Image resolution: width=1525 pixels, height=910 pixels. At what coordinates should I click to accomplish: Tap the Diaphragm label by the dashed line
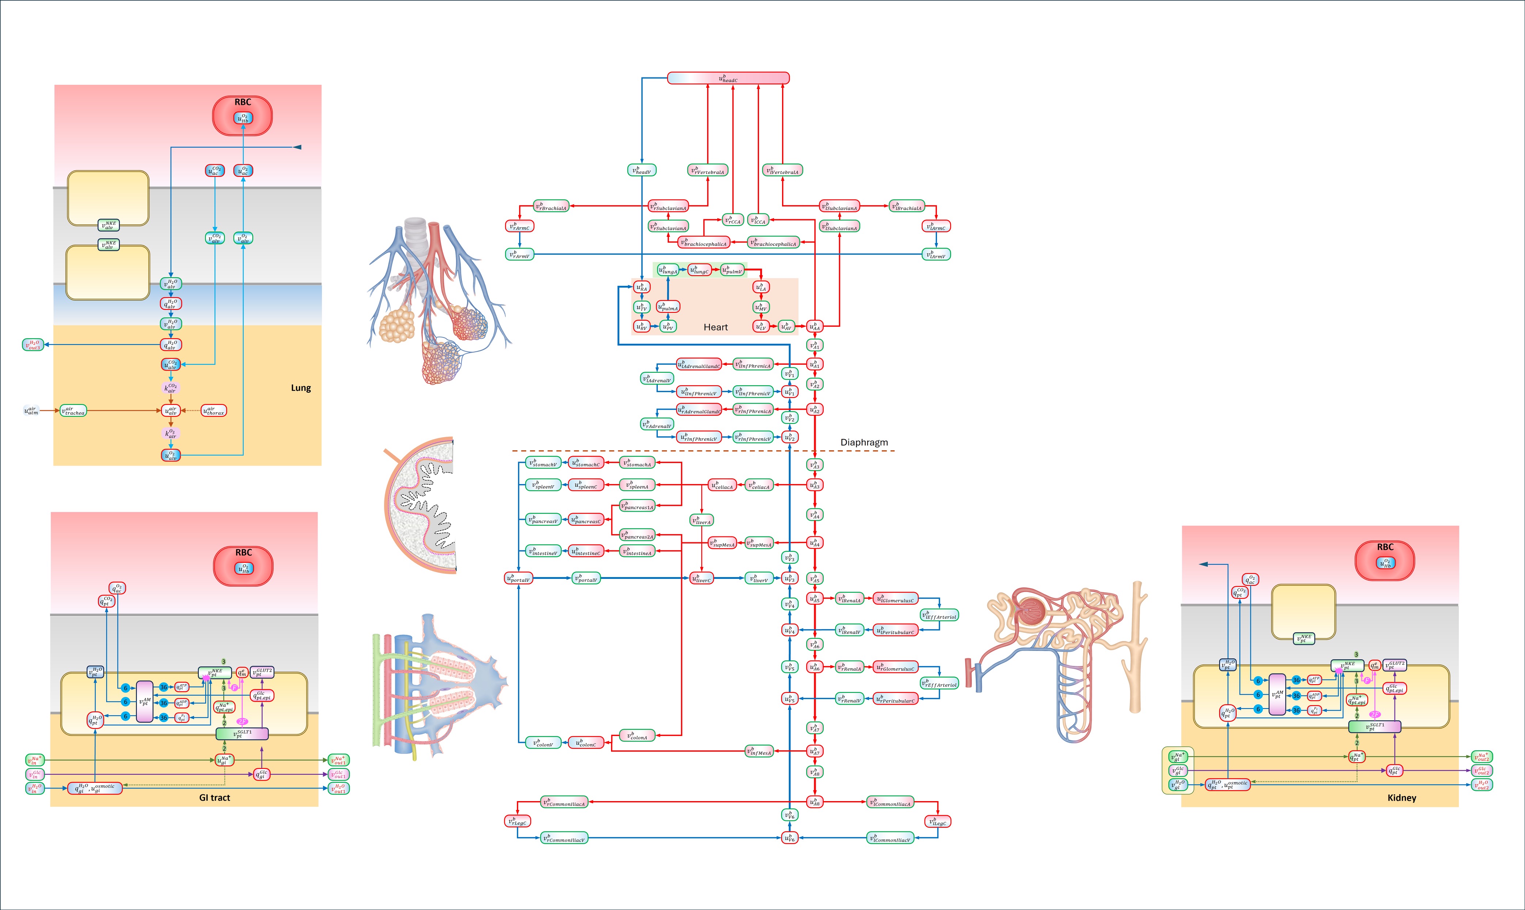(x=864, y=442)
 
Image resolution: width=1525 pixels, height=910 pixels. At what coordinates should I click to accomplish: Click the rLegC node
(x=517, y=821)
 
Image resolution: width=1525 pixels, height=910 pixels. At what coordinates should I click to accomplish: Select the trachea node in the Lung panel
(x=73, y=411)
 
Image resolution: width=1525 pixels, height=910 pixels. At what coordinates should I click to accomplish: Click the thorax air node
(x=214, y=411)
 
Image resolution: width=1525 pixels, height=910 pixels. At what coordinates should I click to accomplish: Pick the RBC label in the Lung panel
(x=243, y=102)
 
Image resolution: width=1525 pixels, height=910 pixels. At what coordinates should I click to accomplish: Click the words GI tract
(x=215, y=797)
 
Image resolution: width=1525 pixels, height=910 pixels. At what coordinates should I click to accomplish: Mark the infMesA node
(x=759, y=751)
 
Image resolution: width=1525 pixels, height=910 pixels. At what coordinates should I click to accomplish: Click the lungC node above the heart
(x=700, y=270)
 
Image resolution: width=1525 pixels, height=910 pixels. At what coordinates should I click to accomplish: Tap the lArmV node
(x=936, y=254)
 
